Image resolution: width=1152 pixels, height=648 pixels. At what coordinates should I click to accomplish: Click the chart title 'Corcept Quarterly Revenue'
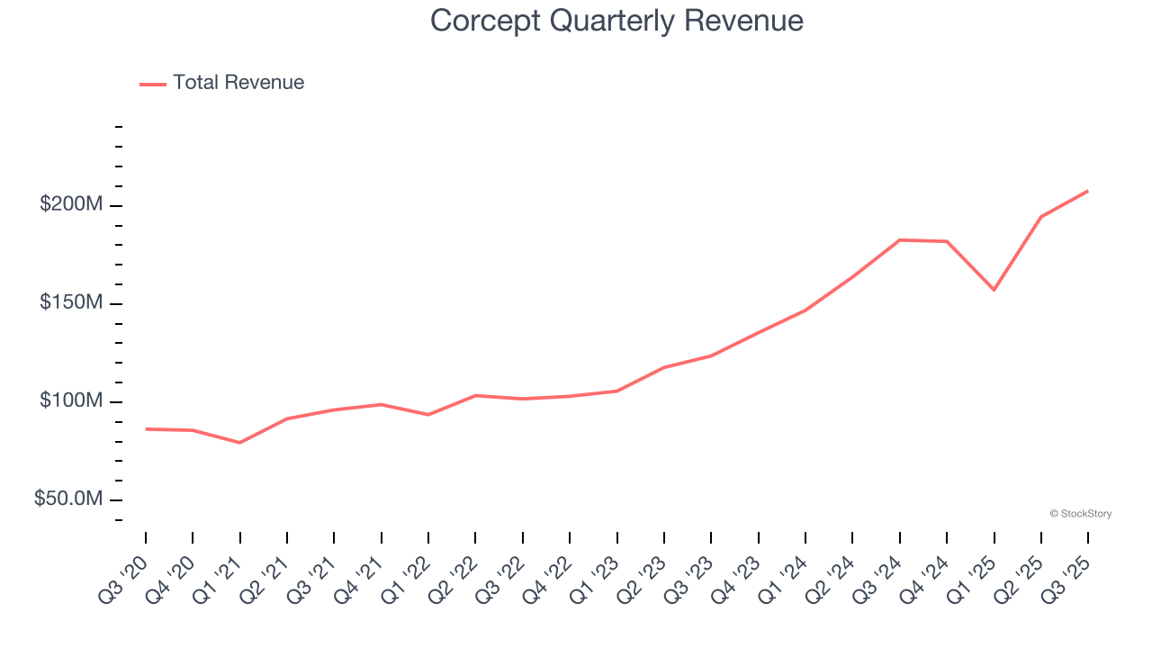point(616,21)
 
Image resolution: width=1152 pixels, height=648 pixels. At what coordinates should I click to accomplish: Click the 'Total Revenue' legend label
point(238,83)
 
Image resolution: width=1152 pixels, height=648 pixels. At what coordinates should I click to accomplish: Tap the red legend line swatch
point(153,84)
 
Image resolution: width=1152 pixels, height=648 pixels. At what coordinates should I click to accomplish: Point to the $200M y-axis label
point(71,205)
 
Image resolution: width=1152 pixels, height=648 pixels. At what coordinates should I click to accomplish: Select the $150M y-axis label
point(71,303)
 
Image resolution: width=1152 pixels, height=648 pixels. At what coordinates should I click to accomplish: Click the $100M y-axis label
point(71,401)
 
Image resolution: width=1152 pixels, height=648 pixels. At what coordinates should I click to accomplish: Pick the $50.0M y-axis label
point(68,499)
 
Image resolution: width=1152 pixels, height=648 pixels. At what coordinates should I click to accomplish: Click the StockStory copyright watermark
point(1080,514)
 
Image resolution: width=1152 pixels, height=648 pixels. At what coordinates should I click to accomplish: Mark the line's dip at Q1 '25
point(994,290)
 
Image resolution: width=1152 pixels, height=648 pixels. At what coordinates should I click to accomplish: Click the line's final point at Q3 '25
point(1087,191)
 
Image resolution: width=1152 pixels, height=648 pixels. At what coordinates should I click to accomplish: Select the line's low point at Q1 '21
point(239,443)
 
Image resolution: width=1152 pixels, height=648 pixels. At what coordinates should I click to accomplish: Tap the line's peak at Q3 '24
point(900,240)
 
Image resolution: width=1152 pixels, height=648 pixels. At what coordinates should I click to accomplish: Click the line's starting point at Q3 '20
point(146,429)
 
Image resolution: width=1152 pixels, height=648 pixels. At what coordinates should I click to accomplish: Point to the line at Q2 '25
point(1041,217)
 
